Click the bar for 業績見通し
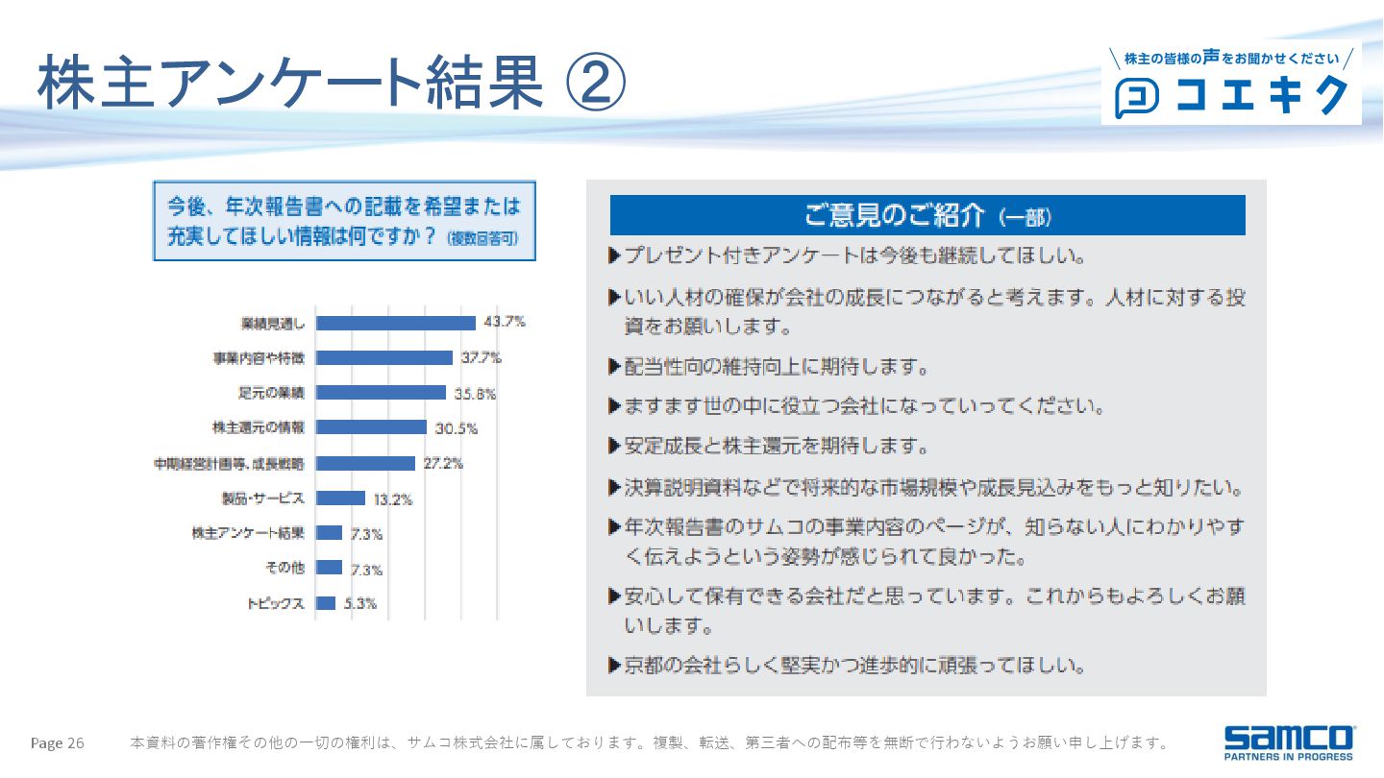pyautogui.click(x=396, y=323)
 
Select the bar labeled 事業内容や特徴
pyautogui.click(x=384, y=357)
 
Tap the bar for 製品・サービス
pyautogui.click(x=340, y=498)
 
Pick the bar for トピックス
pyautogui.click(x=326, y=603)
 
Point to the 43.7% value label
pyautogui.click(x=505, y=322)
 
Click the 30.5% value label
pyautogui.click(x=457, y=427)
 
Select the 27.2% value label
pyautogui.click(x=443, y=463)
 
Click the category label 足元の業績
pyautogui.click(x=271, y=393)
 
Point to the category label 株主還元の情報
pyautogui.click(x=258, y=427)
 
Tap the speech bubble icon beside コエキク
pyautogui.click(x=1136, y=97)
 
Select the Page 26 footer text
pyautogui.click(x=58, y=743)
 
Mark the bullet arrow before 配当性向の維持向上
pyautogui.click(x=614, y=367)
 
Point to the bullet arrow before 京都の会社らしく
pyautogui.click(x=614, y=665)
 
